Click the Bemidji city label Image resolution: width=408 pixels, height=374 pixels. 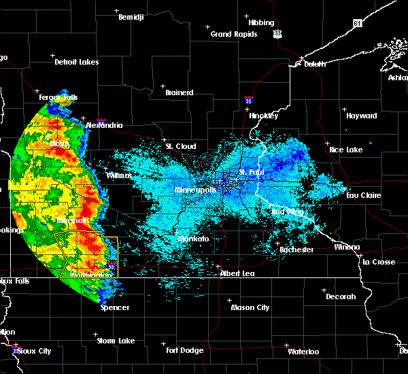point(131,17)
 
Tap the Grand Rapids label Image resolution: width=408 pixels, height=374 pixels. point(234,34)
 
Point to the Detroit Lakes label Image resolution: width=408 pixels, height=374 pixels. point(76,62)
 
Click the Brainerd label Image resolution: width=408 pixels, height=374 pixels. point(179,92)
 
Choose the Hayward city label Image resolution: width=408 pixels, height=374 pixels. point(361,116)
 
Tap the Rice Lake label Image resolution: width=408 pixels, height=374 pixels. point(345,150)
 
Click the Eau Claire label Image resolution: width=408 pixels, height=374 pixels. point(362,195)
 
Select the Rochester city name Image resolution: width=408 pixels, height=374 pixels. point(296,250)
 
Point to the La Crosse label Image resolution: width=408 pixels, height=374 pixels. point(379,262)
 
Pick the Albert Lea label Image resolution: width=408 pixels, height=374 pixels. point(236,273)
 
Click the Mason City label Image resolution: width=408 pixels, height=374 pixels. point(250,307)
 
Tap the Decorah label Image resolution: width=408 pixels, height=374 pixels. point(340,296)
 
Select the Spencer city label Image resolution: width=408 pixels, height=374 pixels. point(115,307)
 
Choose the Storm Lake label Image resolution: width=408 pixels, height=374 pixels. point(116,341)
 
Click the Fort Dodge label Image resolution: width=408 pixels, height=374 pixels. point(185,350)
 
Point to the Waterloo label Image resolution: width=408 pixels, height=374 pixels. point(303,352)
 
